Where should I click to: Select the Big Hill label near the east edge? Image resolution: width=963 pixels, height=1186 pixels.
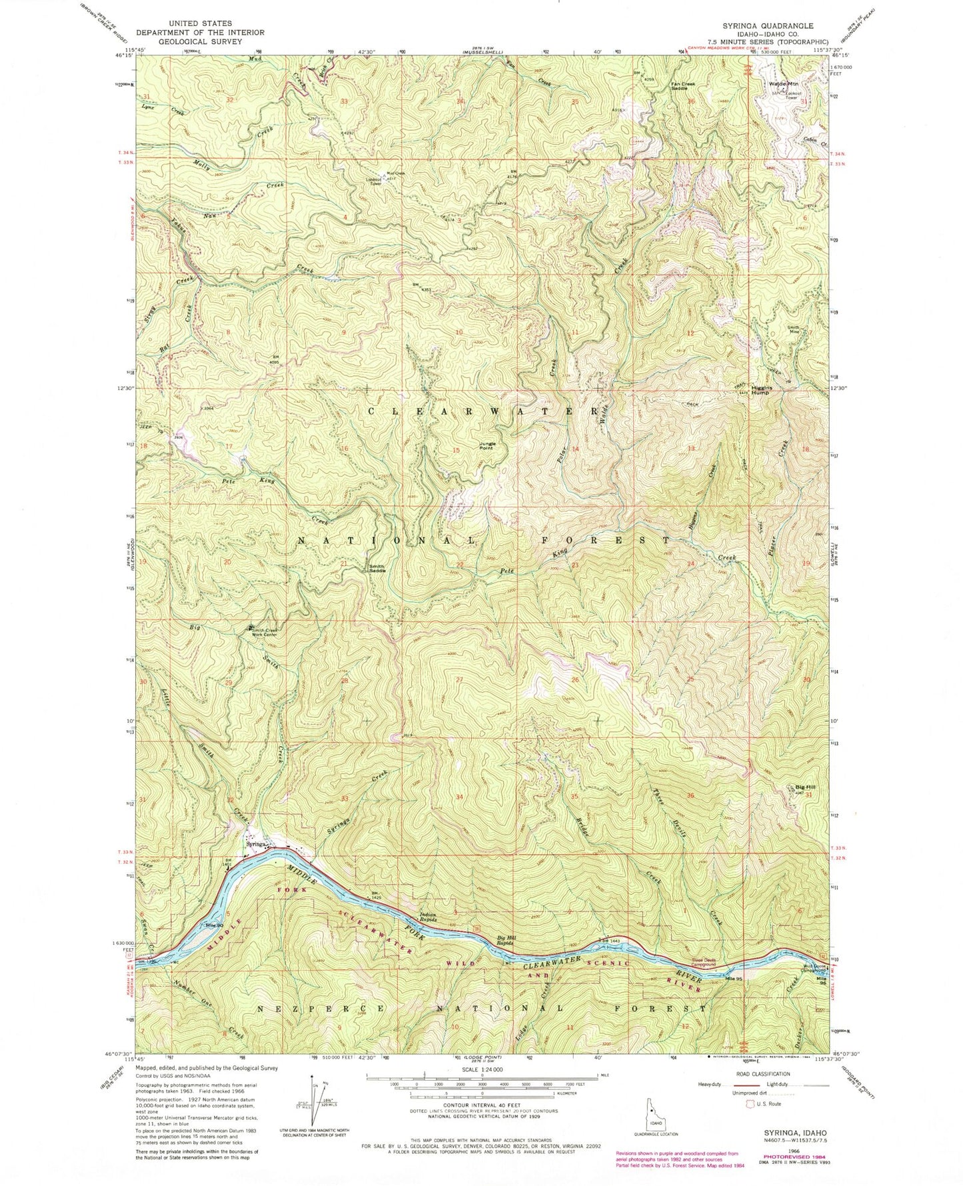point(798,787)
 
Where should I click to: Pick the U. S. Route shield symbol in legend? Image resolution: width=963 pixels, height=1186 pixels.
point(750,1104)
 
